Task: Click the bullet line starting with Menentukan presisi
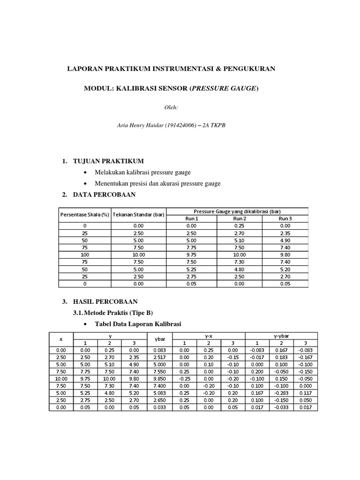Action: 157,183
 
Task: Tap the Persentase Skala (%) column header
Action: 84,215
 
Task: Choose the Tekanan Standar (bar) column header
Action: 139,215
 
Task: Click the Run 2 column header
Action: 240,218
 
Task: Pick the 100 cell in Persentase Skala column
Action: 84,255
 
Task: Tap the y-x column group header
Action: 209,336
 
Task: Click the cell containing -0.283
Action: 282,393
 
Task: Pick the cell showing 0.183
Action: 282,357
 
